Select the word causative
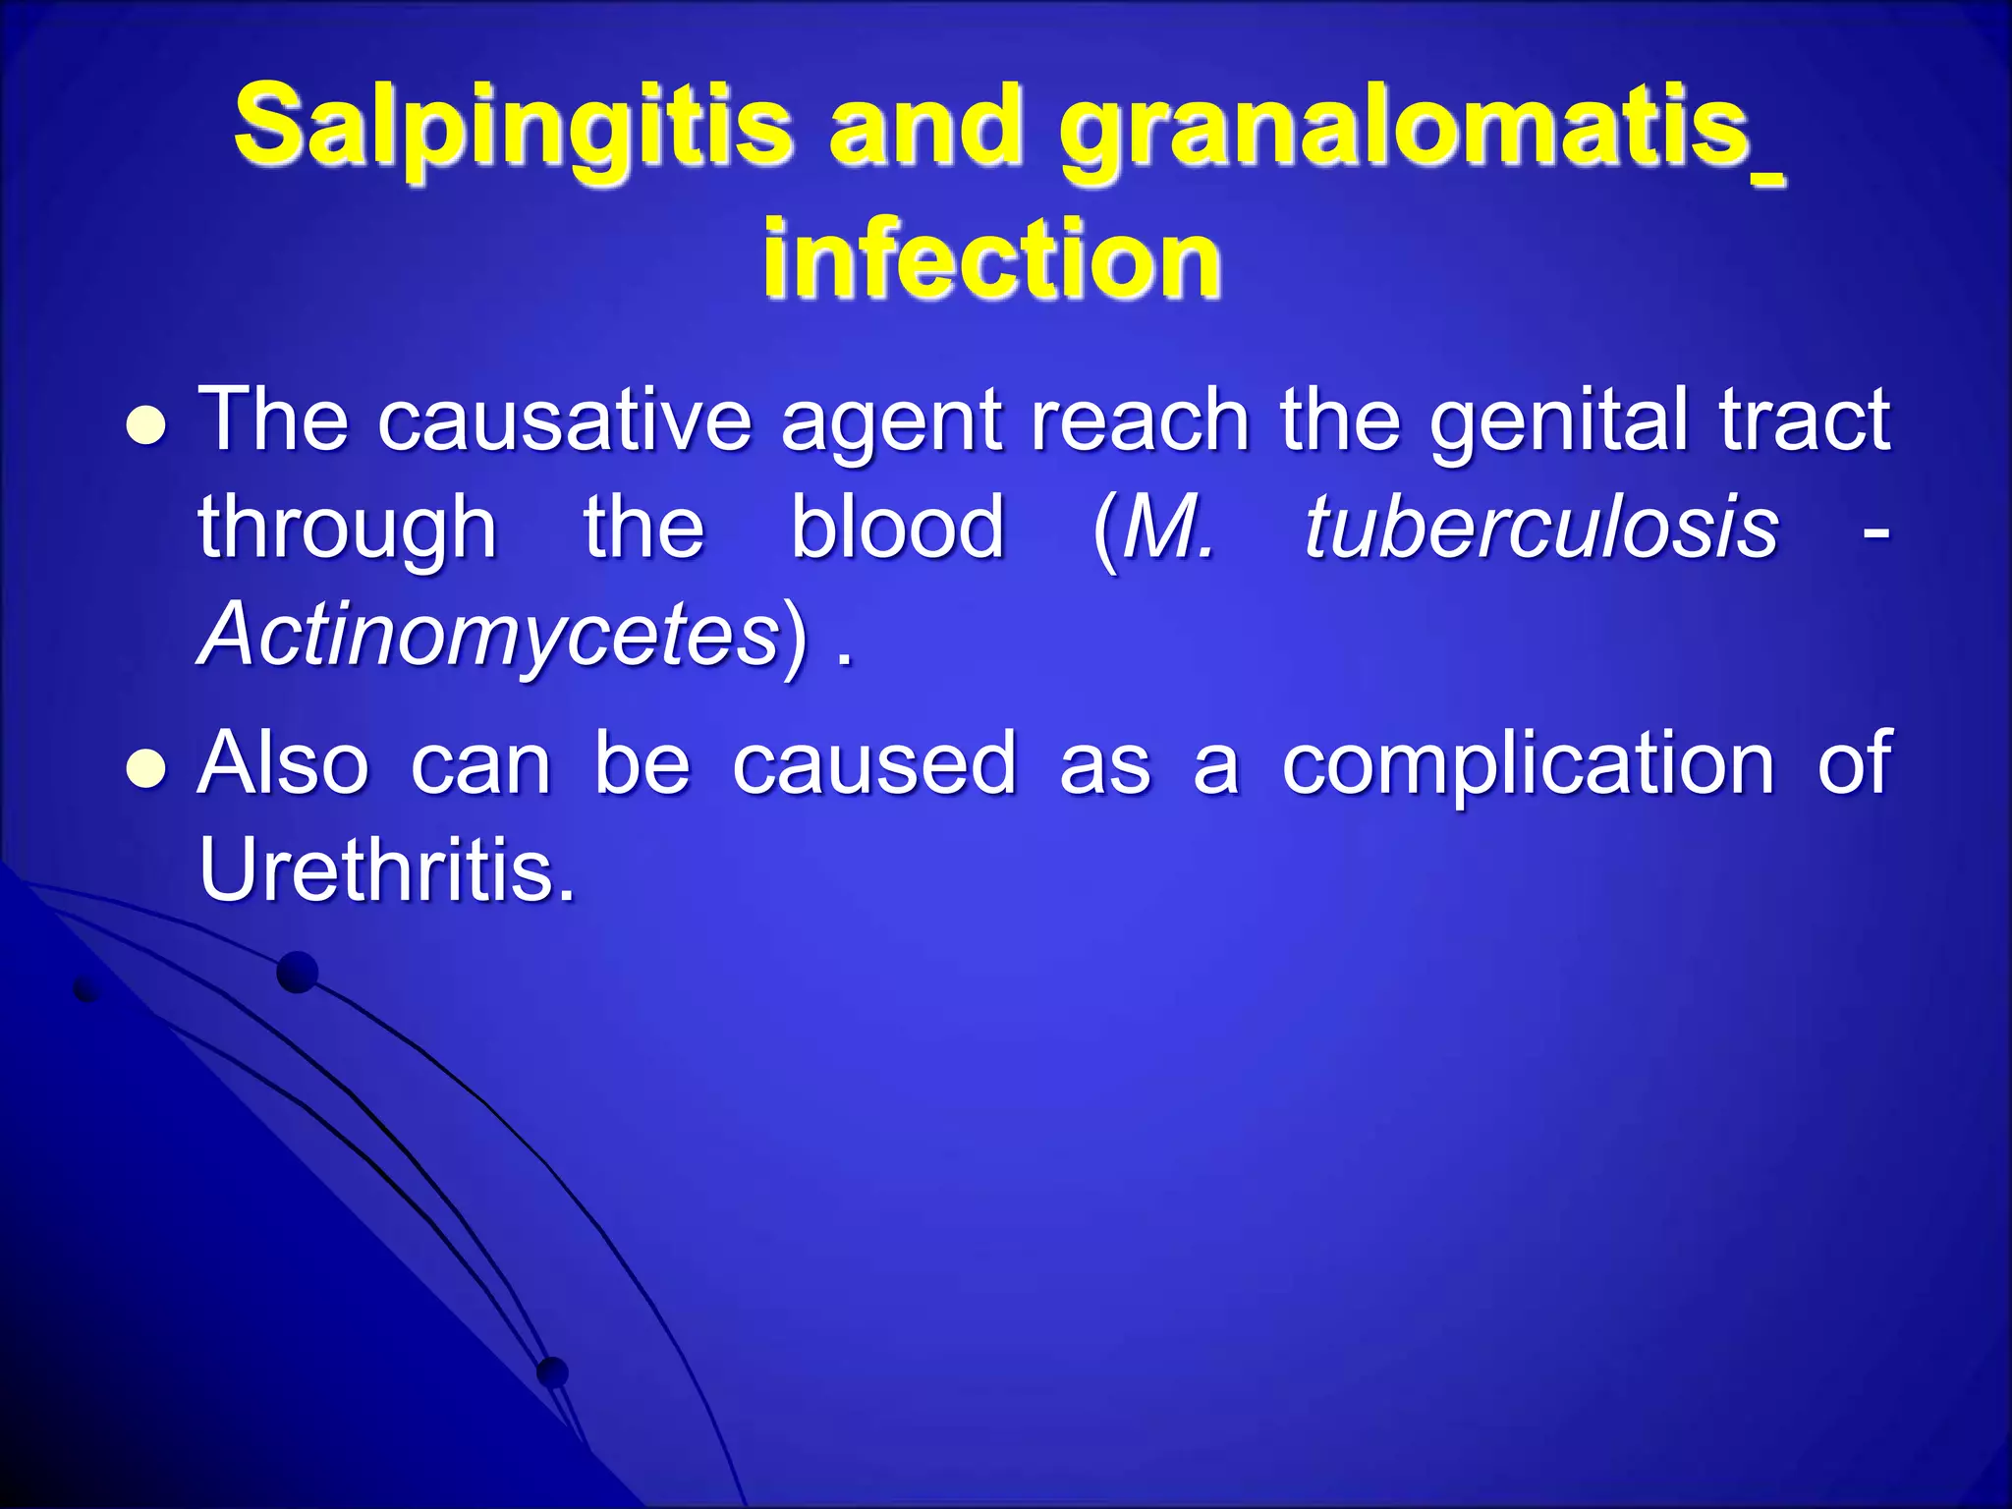[565, 420]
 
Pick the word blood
[898, 528]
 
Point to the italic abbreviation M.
[1168, 529]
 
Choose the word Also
[283, 763]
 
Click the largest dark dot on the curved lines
[298, 973]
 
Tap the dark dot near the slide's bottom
[553, 1371]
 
